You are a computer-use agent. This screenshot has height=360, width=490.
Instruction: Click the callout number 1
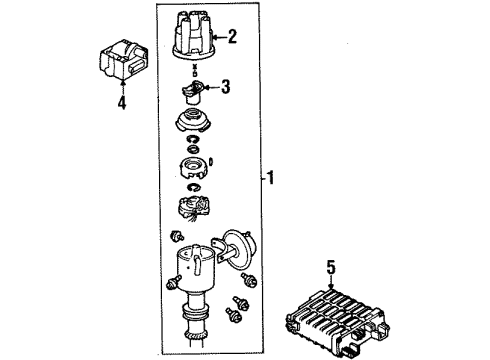coord(271,177)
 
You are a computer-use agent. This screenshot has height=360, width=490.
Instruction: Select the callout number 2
coord(232,36)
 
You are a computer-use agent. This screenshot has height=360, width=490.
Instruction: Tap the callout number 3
coord(226,87)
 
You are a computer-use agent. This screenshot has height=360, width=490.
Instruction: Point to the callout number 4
coord(122,102)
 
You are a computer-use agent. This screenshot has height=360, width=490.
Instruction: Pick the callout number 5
coord(330,267)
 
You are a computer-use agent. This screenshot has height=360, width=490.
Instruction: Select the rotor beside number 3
coord(193,92)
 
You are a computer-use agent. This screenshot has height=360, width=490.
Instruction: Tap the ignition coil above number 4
coord(123,60)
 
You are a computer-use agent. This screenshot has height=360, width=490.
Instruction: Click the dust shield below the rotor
coord(193,121)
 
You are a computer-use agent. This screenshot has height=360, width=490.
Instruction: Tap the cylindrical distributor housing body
coord(195,267)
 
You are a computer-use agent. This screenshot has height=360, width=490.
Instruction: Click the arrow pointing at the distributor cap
coord(220,37)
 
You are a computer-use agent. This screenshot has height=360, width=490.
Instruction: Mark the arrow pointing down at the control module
coord(330,282)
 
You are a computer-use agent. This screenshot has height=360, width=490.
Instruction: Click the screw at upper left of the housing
coord(176,236)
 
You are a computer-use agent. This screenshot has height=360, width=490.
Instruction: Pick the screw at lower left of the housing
coord(172,283)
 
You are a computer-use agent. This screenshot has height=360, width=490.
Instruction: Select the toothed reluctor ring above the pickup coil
coord(194,168)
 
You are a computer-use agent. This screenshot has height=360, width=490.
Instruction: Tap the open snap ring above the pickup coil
coord(194,188)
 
